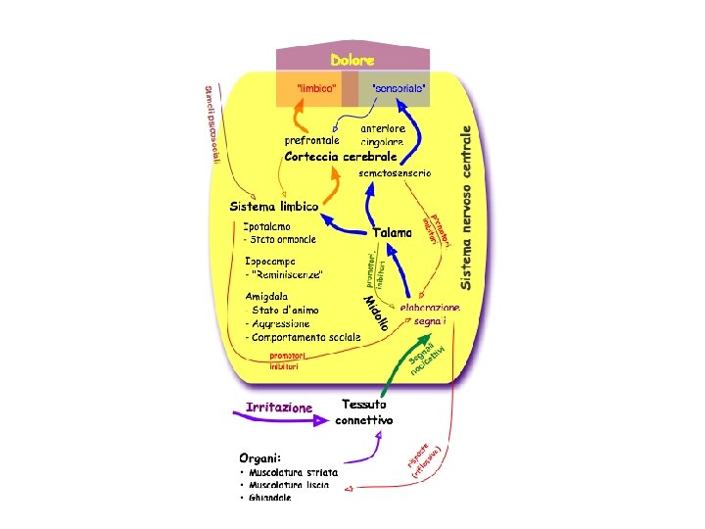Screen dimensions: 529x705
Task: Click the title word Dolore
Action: point(352,61)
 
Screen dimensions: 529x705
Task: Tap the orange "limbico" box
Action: point(316,88)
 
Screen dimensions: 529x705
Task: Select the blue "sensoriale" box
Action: point(399,88)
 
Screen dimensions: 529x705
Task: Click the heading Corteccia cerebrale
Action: point(341,157)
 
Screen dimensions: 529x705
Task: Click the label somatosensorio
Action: point(394,173)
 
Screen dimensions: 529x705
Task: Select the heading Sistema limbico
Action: point(274,207)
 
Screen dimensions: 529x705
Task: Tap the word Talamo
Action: point(392,232)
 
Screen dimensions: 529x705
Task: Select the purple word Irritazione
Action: point(279,407)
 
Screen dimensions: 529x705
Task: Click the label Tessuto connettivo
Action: point(364,411)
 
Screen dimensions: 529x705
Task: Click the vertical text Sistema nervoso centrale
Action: point(468,206)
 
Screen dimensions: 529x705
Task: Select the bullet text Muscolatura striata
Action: point(294,472)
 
